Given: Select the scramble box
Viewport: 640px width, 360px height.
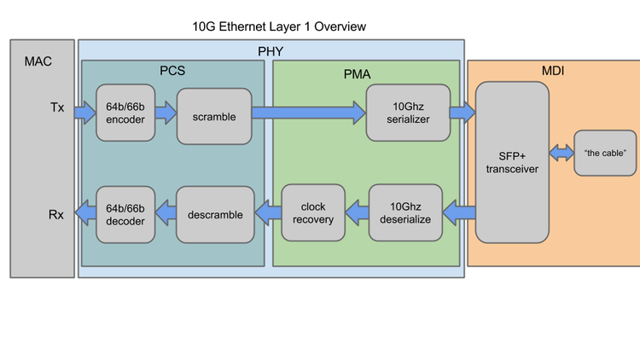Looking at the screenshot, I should [x=213, y=115].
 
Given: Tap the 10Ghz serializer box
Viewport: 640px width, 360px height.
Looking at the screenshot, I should [x=407, y=113].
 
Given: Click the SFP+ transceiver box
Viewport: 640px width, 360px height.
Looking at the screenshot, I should [x=511, y=162].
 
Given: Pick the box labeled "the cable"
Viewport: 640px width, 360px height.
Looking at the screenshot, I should [x=605, y=153].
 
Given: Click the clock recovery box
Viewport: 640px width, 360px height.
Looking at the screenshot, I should [x=312, y=212].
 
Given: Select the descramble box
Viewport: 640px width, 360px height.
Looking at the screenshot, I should [x=214, y=214].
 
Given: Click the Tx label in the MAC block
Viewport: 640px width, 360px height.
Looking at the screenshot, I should [x=56, y=107].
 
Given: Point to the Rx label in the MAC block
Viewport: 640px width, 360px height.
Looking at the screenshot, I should [x=56, y=214].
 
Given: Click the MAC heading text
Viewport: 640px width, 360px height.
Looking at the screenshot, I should [x=38, y=61].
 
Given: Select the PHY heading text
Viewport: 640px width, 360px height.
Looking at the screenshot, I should [x=270, y=51].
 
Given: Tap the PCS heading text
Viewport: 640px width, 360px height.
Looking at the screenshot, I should [x=174, y=70].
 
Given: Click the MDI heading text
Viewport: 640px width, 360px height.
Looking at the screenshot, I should [x=553, y=70].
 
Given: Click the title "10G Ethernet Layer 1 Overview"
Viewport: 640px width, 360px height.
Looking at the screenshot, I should [x=279, y=26].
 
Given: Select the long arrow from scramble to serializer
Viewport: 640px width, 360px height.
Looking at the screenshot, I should [x=308, y=112].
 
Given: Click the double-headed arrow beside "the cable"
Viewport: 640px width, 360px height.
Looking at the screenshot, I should [x=561, y=152].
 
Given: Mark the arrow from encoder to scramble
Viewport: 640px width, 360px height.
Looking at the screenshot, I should [x=166, y=112].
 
